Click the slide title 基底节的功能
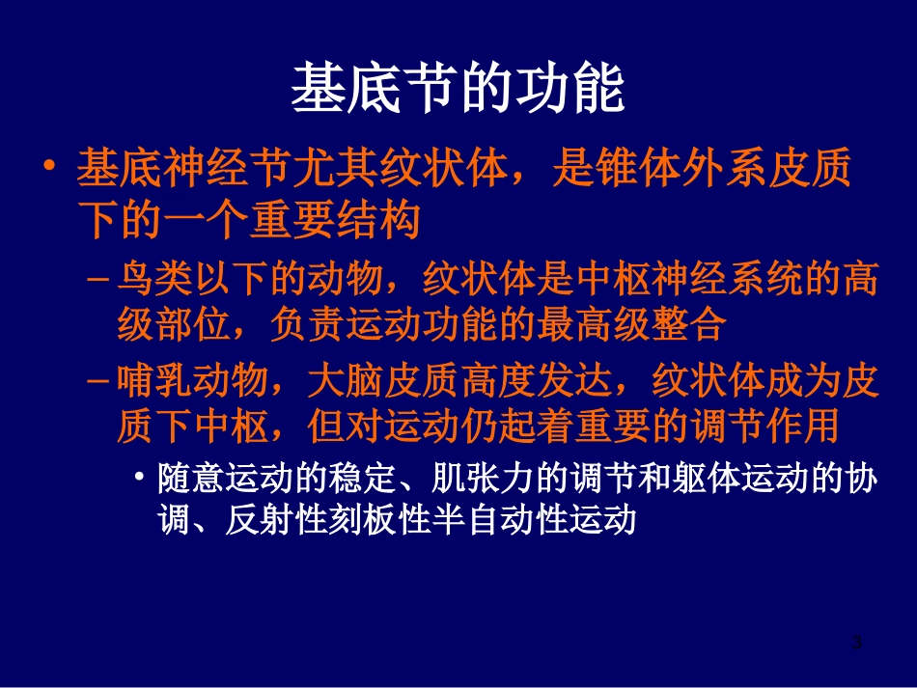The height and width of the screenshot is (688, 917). pyautogui.click(x=458, y=89)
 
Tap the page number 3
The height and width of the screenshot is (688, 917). pyautogui.click(x=856, y=643)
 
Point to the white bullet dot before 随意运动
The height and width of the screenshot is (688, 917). pyautogui.click(x=141, y=479)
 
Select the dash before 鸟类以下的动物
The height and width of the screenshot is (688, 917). pyautogui.click(x=97, y=281)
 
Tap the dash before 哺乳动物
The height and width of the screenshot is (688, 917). pyautogui.click(x=97, y=382)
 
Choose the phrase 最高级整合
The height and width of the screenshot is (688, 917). pyautogui.click(x=629, y=324)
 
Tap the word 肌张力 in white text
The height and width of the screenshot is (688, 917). pyautogui.click(x=479, y=480)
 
